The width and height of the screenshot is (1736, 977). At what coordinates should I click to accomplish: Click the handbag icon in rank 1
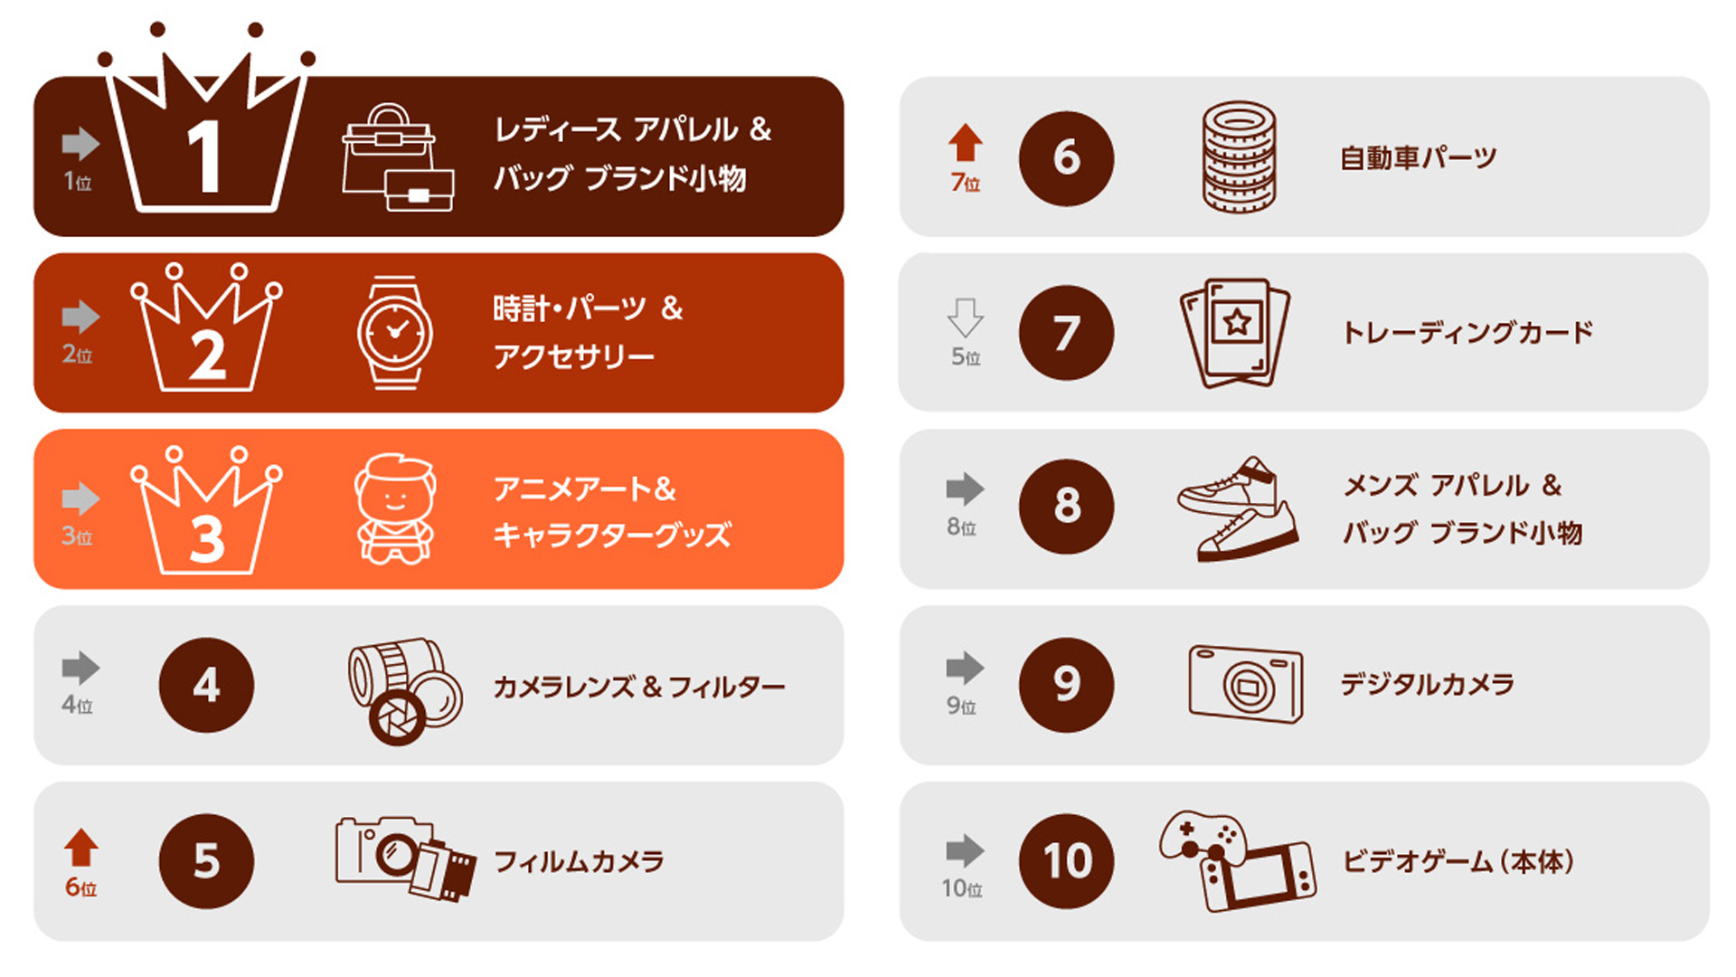tap(398, 157)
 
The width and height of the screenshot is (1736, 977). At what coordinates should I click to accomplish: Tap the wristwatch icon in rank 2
tap(395, 333)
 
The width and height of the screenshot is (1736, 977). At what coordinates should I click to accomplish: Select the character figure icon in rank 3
tap(395, 509)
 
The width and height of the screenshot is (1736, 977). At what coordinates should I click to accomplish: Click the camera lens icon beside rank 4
tap(405, 691)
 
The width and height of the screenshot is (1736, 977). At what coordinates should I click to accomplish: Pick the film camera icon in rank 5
tap(406, 858)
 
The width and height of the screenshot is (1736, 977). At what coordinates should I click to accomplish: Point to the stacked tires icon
tap(1239, 157)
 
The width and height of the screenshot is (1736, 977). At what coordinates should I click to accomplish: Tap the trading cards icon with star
tap(1236, 333)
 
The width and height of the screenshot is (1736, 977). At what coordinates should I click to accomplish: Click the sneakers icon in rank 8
tap(1238, 508)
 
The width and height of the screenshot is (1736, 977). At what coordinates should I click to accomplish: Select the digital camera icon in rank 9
tap(1246, 684)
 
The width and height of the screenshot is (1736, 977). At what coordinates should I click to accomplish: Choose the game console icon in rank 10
tap(1237, 860)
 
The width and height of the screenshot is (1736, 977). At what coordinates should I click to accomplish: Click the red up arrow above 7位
tap(966, 143)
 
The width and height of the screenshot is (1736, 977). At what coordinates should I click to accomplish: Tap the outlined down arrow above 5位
tap(966, 318)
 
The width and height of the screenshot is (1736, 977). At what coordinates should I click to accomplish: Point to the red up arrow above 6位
tap(81, 848)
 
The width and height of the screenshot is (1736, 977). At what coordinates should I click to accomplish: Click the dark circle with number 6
tap(1067, 158)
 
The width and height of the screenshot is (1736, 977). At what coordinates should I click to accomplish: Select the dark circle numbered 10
tap(1067, 860)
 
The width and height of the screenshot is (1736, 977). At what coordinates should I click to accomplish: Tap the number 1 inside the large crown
tap(205, 157)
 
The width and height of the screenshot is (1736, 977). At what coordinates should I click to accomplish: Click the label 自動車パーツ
tap(1419, 158)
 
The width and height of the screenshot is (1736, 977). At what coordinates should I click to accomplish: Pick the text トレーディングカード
tap(1468, 333)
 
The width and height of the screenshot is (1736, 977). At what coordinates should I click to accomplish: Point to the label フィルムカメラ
tap(580, 861)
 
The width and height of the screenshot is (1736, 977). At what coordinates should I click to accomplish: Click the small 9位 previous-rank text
tap(961, 706)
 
